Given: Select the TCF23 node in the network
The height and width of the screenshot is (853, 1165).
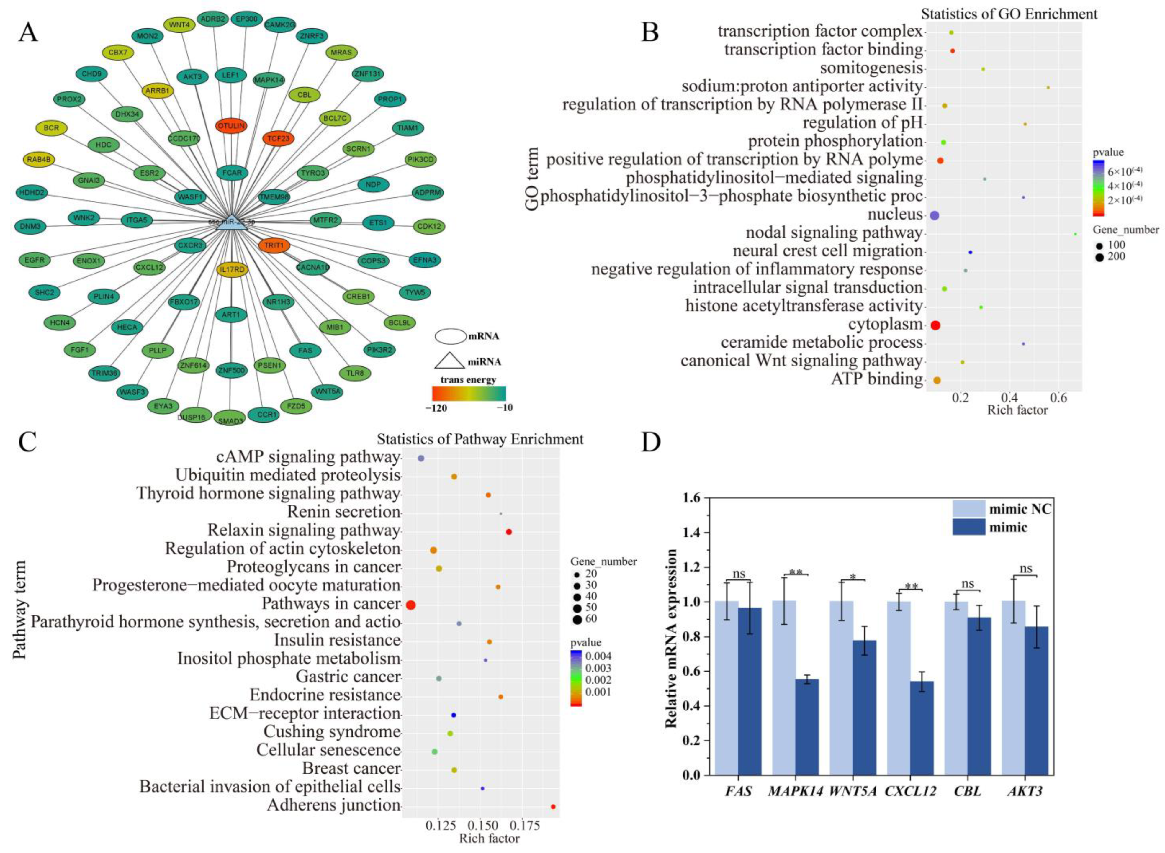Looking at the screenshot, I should (x=278, y=138).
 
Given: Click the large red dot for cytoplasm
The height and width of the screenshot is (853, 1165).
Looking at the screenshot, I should (x=935, y=325).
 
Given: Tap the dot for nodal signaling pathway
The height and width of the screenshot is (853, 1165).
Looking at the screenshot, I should (x=1075, y=234).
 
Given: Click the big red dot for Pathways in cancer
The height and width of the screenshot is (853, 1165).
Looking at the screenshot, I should (x=410, y=605).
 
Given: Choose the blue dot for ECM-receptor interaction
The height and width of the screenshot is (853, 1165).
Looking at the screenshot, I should (x=453, y=715).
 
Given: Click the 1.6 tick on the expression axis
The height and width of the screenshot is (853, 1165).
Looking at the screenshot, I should (x=690, y=498).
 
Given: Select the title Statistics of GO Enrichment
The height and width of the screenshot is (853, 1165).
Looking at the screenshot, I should (x=1009, y=14).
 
